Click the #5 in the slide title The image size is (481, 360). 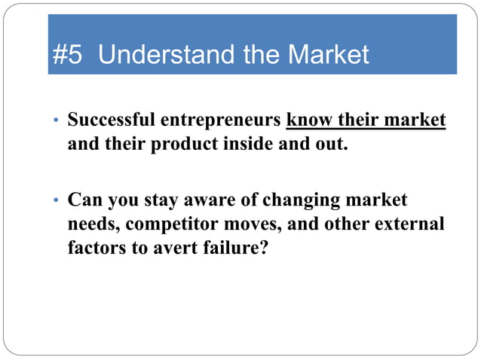click(70, 55)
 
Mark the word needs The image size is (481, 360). click(90, 225)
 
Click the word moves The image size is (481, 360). click(261, 225)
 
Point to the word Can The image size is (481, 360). click(84, 200)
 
